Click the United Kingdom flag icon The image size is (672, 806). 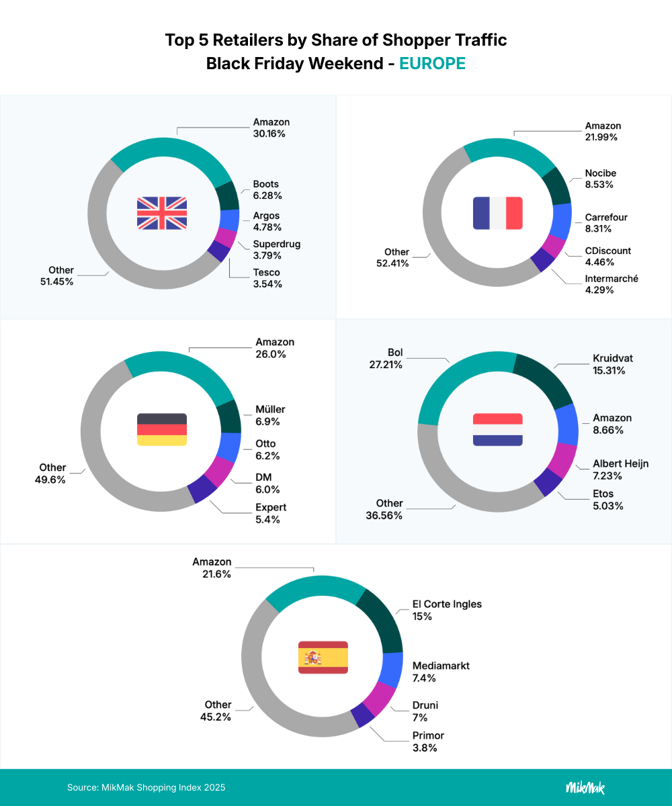(162, 213)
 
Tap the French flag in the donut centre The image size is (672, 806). (498, 213)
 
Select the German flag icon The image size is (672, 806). (162, 430)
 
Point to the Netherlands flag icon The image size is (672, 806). (498, 430)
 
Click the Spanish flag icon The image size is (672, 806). (323, 657)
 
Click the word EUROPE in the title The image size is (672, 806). (432, 64)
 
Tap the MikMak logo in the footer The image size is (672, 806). (585, 787)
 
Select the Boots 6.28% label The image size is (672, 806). (266, 190)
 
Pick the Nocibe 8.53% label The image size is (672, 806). (600, 179)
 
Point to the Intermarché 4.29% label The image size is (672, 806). (612, 284)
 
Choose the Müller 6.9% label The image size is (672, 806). (270, 416)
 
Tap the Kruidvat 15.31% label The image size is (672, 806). (613, 364)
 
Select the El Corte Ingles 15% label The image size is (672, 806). (447, 610)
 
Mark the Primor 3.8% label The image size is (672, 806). (428, 742)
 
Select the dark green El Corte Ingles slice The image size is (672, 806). (383, 618)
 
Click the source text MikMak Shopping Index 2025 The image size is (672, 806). (146, 787)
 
